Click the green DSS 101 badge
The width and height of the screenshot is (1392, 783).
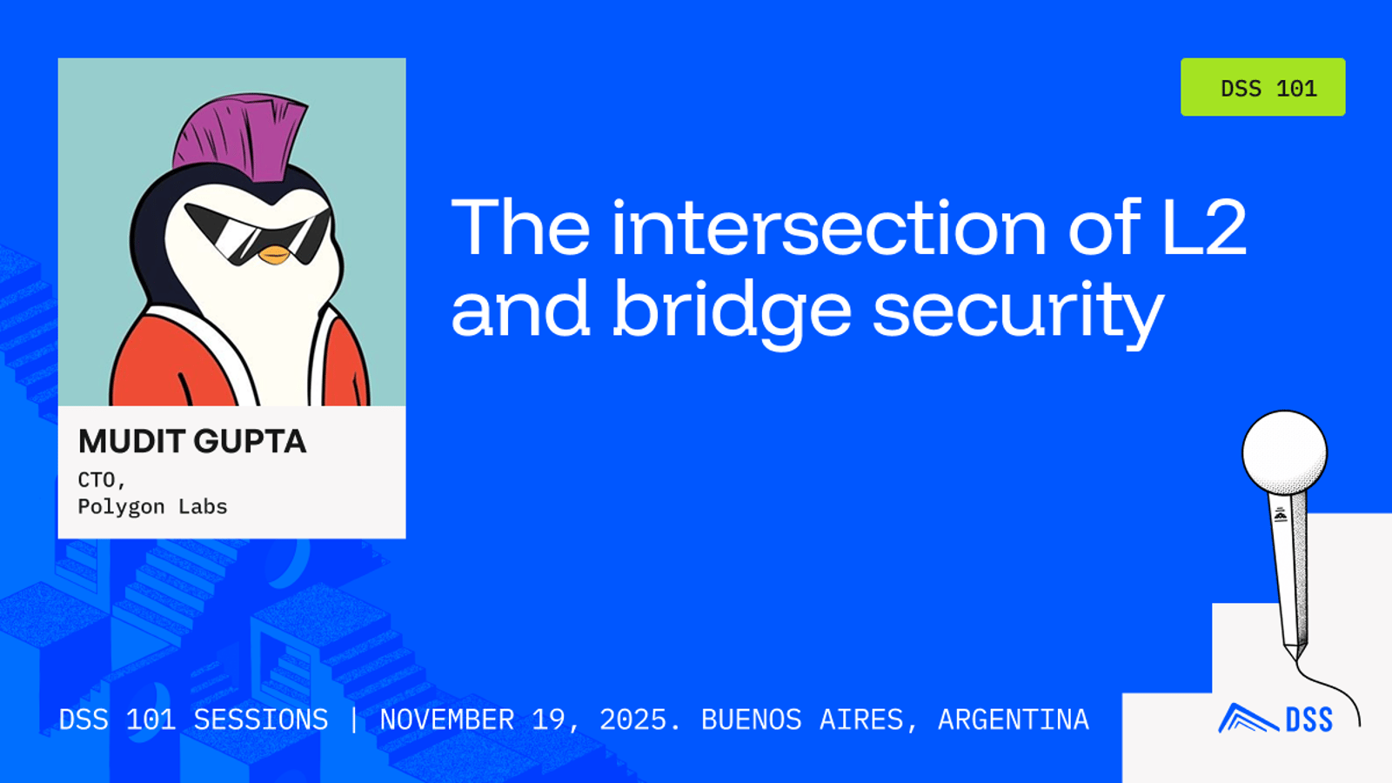pos(1262,87)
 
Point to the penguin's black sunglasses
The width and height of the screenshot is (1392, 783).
pos(258,232)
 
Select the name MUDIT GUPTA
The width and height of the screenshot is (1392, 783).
pos(192,441)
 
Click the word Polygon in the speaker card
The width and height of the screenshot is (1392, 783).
pos(121,507)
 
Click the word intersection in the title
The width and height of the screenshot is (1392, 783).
pos(830,227)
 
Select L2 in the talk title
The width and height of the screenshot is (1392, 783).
pos(1204,227)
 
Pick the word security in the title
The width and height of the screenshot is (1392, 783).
pos(1018,311)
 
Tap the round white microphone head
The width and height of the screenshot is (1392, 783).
pos(1284,452)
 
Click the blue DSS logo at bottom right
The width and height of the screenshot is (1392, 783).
pos(1275,719)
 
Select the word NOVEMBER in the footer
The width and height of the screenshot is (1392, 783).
pos(447,719)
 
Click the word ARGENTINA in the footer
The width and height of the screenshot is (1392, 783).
pos(1014,719)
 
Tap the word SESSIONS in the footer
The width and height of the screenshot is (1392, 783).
pos(261,719)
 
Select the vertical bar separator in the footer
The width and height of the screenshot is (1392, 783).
pos(354,719)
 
